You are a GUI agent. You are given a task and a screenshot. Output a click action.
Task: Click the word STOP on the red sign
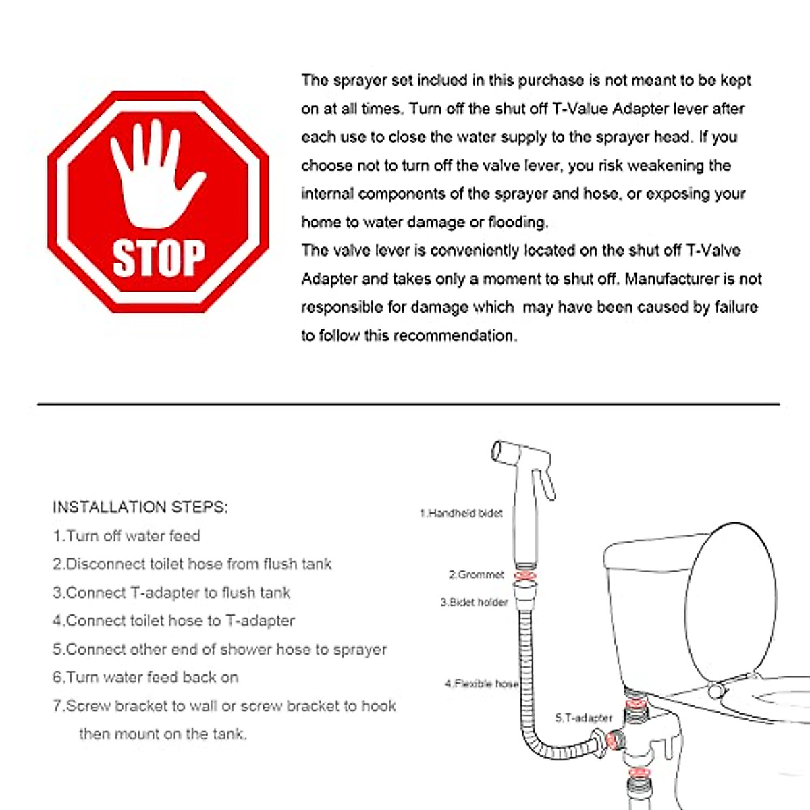(159, 258)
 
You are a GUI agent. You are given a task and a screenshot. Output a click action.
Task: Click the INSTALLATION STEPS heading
(140, 507)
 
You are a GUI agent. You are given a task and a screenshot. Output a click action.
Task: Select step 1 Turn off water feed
(127, 536)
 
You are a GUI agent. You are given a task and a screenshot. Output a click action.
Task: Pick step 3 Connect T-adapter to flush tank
(171, 593)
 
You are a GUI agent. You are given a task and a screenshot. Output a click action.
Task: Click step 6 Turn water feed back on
(146, 677)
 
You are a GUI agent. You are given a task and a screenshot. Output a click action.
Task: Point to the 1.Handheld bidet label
(461, 513)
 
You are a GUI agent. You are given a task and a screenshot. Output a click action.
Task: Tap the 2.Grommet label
(477, 575)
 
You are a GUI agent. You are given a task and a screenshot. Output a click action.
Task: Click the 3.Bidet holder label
(474, 602)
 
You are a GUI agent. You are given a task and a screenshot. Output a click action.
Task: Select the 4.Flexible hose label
(481, 684)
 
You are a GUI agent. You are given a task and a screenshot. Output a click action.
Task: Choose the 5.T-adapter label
(583, 718)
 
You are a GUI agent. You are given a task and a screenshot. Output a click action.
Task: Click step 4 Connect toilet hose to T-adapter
(174, 620)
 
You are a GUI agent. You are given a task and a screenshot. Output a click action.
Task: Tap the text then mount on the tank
(163, 734)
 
